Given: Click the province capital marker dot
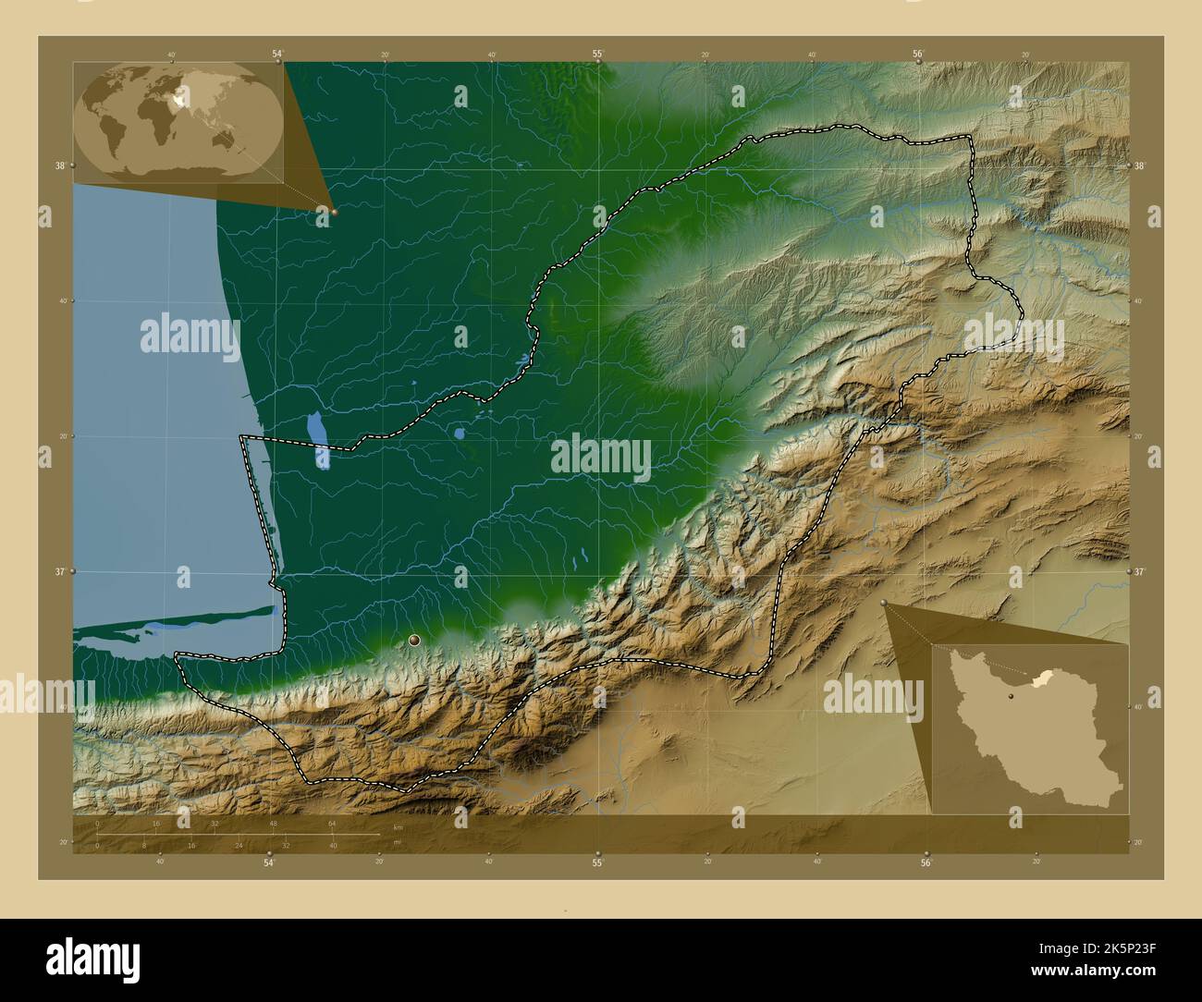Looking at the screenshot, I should [x=414, y=640].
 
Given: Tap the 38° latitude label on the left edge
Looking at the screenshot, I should [x=59, y=166].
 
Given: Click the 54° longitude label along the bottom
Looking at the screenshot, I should [x=269, y=863].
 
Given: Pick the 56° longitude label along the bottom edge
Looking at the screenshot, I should [x=926, y=863].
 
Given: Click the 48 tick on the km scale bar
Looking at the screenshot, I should [x=273, y=823].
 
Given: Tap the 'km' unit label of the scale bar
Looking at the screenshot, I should [x=398, y=826].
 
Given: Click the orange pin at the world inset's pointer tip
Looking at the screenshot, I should [x=334, y=212].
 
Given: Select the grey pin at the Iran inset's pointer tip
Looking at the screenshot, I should [x=884, y=603].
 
